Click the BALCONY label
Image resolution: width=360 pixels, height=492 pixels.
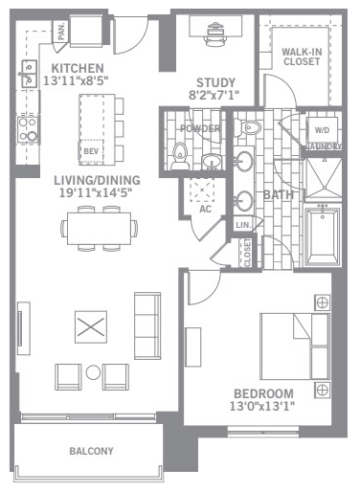91,451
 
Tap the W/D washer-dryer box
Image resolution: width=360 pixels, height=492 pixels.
322,130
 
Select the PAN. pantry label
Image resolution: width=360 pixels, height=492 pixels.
61,31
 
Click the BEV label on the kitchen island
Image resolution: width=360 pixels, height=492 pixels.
91,150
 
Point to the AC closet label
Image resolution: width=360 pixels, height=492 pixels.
205,209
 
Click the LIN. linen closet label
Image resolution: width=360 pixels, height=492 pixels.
243,225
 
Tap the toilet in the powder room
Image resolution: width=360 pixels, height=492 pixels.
180,156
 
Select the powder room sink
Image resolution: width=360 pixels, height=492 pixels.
211,162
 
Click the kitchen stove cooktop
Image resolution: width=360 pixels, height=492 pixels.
28,130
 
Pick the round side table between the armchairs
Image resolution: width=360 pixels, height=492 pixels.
93,372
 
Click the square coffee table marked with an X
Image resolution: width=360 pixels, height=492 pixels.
91,327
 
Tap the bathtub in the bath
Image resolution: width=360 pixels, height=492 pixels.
323,235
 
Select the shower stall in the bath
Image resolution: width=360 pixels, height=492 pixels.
323,178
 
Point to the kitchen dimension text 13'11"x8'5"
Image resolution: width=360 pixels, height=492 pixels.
76,80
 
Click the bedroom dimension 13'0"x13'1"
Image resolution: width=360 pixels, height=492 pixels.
262,406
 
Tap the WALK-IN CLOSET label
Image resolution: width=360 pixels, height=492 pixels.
302,56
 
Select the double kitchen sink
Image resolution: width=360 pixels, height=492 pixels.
29,74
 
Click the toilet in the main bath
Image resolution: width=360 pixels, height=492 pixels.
247,127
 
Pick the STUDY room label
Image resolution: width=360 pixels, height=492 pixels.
215,82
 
